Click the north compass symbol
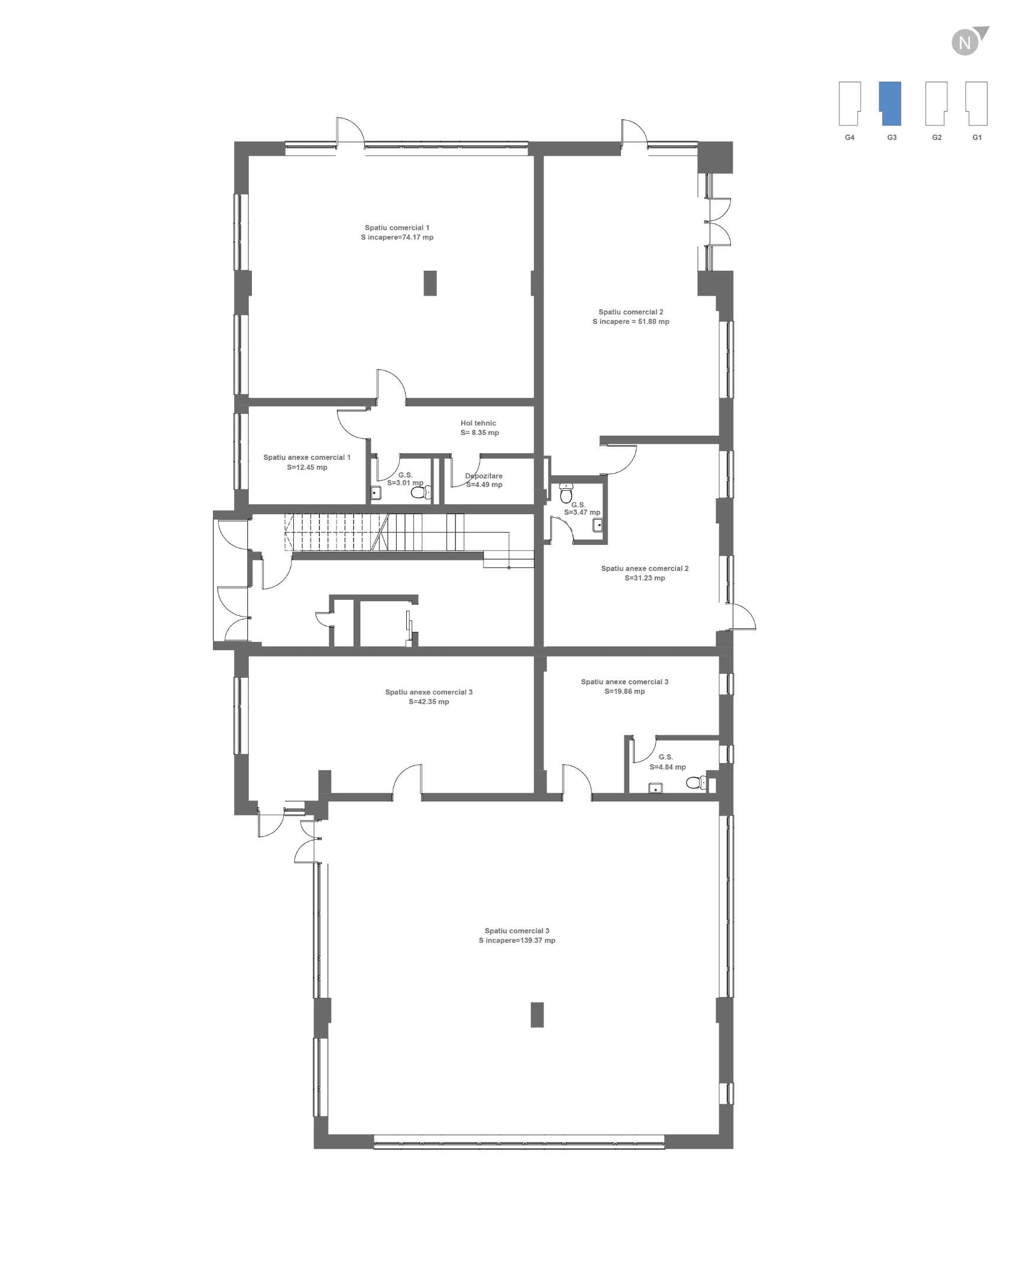pos(968,41)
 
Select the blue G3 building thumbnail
pos(890,103)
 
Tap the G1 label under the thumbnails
pos(977,137)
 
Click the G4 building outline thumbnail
pos(850,103)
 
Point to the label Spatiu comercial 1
pos(397,228)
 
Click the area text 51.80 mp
pos(653,322)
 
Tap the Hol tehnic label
pos(478,423)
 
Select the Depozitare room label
pos(484,476)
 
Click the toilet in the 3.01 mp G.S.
pos(421,492)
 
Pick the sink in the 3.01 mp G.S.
pos(376,492)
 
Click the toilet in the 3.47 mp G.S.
pos(566,492)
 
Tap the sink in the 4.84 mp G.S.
pos(655,788)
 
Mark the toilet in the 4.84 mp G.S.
pos(696,783)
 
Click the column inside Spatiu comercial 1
pos(430,283)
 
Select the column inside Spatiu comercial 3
pos(537,1015)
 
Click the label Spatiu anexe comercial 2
pos(645,569)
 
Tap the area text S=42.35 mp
pos(429,702)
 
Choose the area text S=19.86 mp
pos(625,691)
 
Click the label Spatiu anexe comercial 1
pos(307,457)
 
